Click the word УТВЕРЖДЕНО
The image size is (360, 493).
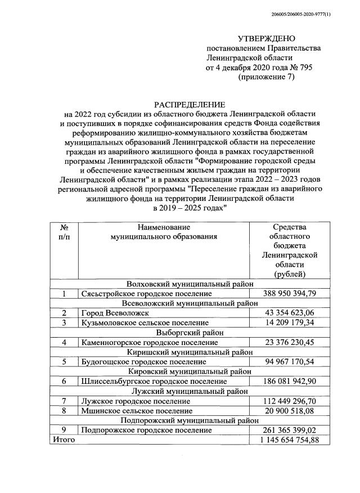click(x=266, y=39)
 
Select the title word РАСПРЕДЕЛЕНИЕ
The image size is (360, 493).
click(x=190, y=105)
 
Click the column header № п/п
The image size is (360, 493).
click(x=64, y=232)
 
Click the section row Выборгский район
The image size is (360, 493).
click(x=190, y=332)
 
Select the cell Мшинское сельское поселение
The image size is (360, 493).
click(x=133, y=410)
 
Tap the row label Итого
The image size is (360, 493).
click(x=64, y=440)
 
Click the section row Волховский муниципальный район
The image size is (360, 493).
click(x=190, y=284)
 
